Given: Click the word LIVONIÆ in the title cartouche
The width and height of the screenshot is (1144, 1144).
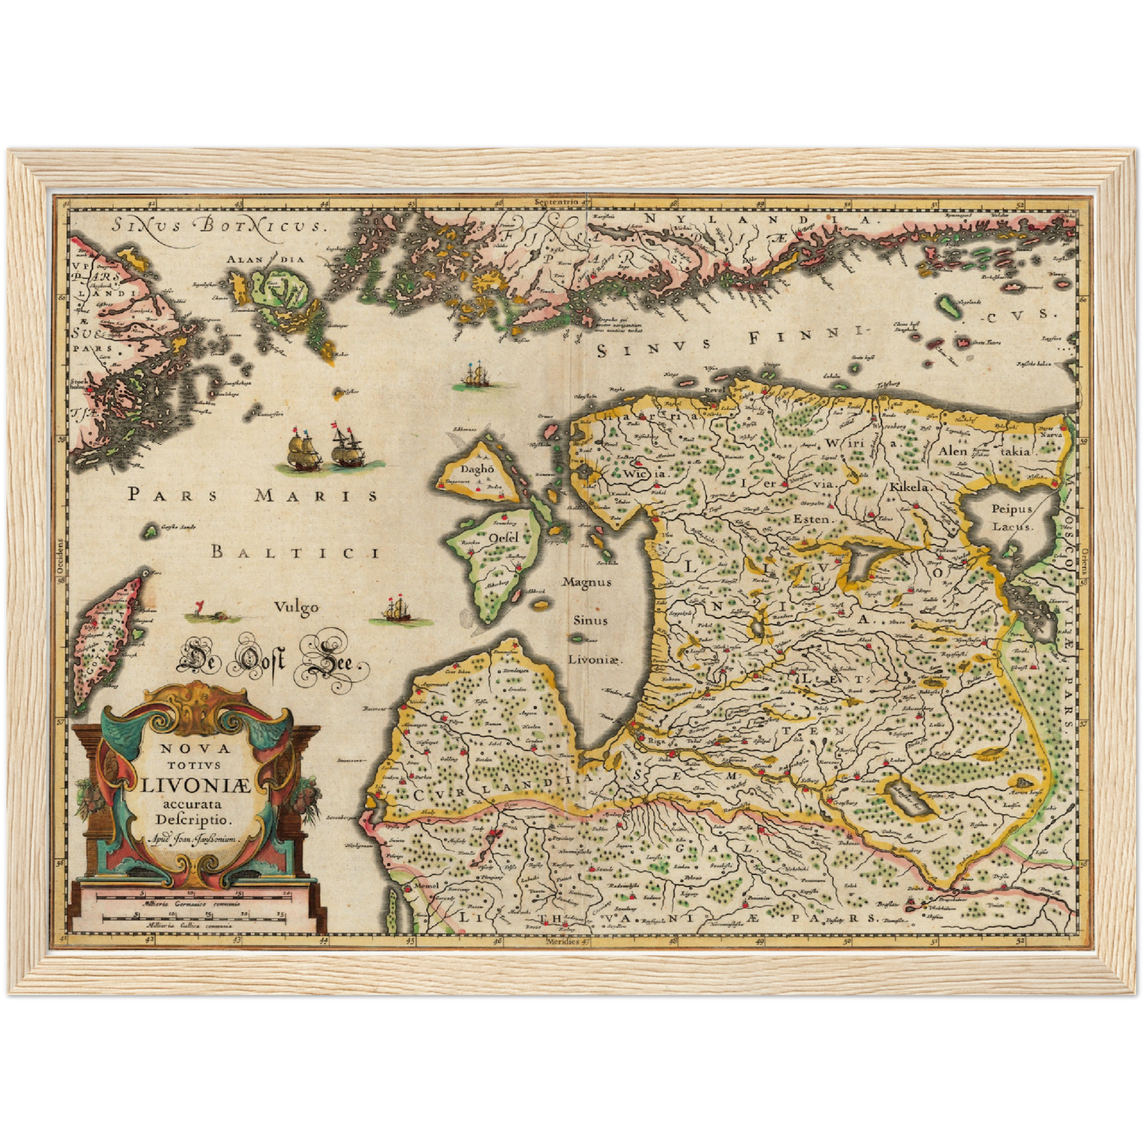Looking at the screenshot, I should tap(196, 785).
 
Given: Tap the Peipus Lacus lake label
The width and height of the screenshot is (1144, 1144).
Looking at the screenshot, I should tap(1011, 518).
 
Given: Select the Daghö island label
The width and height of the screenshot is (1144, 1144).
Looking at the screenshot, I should tap(477, 469).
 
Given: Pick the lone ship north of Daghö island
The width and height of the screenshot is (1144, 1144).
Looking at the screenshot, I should tap(475, 374).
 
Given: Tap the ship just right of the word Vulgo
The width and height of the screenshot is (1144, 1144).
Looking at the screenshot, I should tap(396, 610).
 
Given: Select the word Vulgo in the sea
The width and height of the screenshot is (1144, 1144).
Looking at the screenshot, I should tap(296, 607).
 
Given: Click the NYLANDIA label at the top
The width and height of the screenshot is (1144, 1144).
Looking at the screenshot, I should tap(756, 219).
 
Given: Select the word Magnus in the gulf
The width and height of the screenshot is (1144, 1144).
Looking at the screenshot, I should tap(587, 582).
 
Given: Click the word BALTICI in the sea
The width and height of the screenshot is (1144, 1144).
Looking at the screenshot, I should tap(295, 552).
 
